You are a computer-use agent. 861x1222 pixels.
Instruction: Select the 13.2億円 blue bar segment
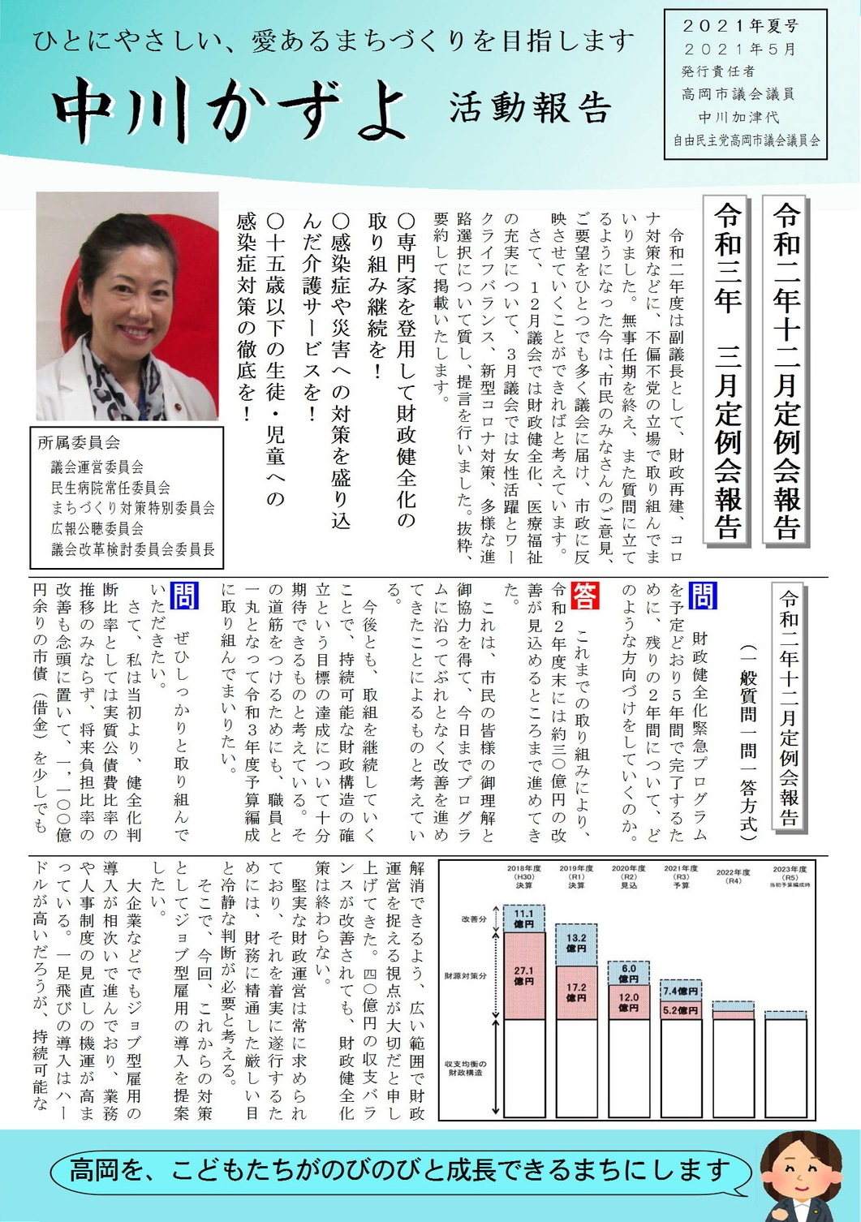click(x=576, y=943)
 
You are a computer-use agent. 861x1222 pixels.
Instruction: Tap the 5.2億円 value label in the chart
click(x=681, y=1010)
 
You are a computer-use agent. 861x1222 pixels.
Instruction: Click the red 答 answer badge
click(x=585, y=596)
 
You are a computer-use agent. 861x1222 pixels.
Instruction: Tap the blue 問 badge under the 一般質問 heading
click(x=702, y=596)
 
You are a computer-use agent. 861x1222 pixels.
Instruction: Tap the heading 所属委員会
click(x=79, y=443)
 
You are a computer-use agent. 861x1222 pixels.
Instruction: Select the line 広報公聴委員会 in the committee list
click(x=97, y=528)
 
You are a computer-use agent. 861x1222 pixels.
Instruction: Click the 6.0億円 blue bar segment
click(x=629, y=973)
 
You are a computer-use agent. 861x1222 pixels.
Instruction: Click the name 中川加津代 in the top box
click(x=738, y=117)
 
